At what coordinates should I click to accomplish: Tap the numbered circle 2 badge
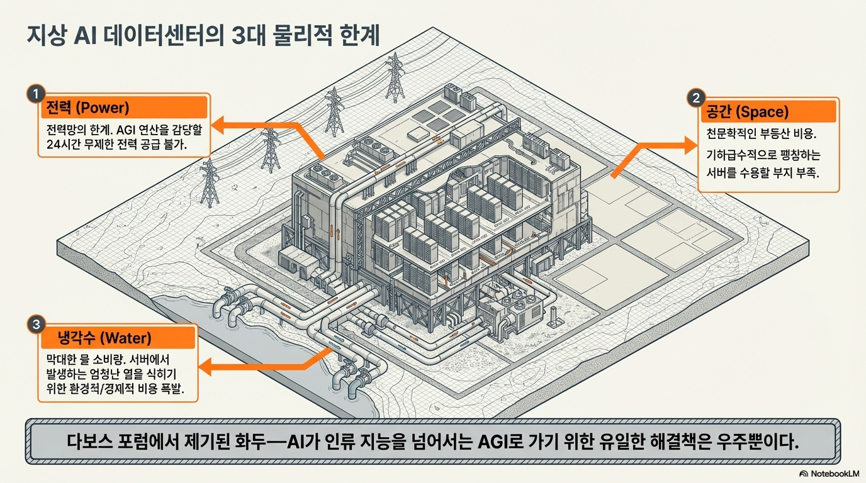pyautogui.click(x=695, y=98)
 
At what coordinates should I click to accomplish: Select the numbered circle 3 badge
pyautogui.click(x=36, y=325)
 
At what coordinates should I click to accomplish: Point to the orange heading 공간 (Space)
pyautogui.click(x=745, y=113)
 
